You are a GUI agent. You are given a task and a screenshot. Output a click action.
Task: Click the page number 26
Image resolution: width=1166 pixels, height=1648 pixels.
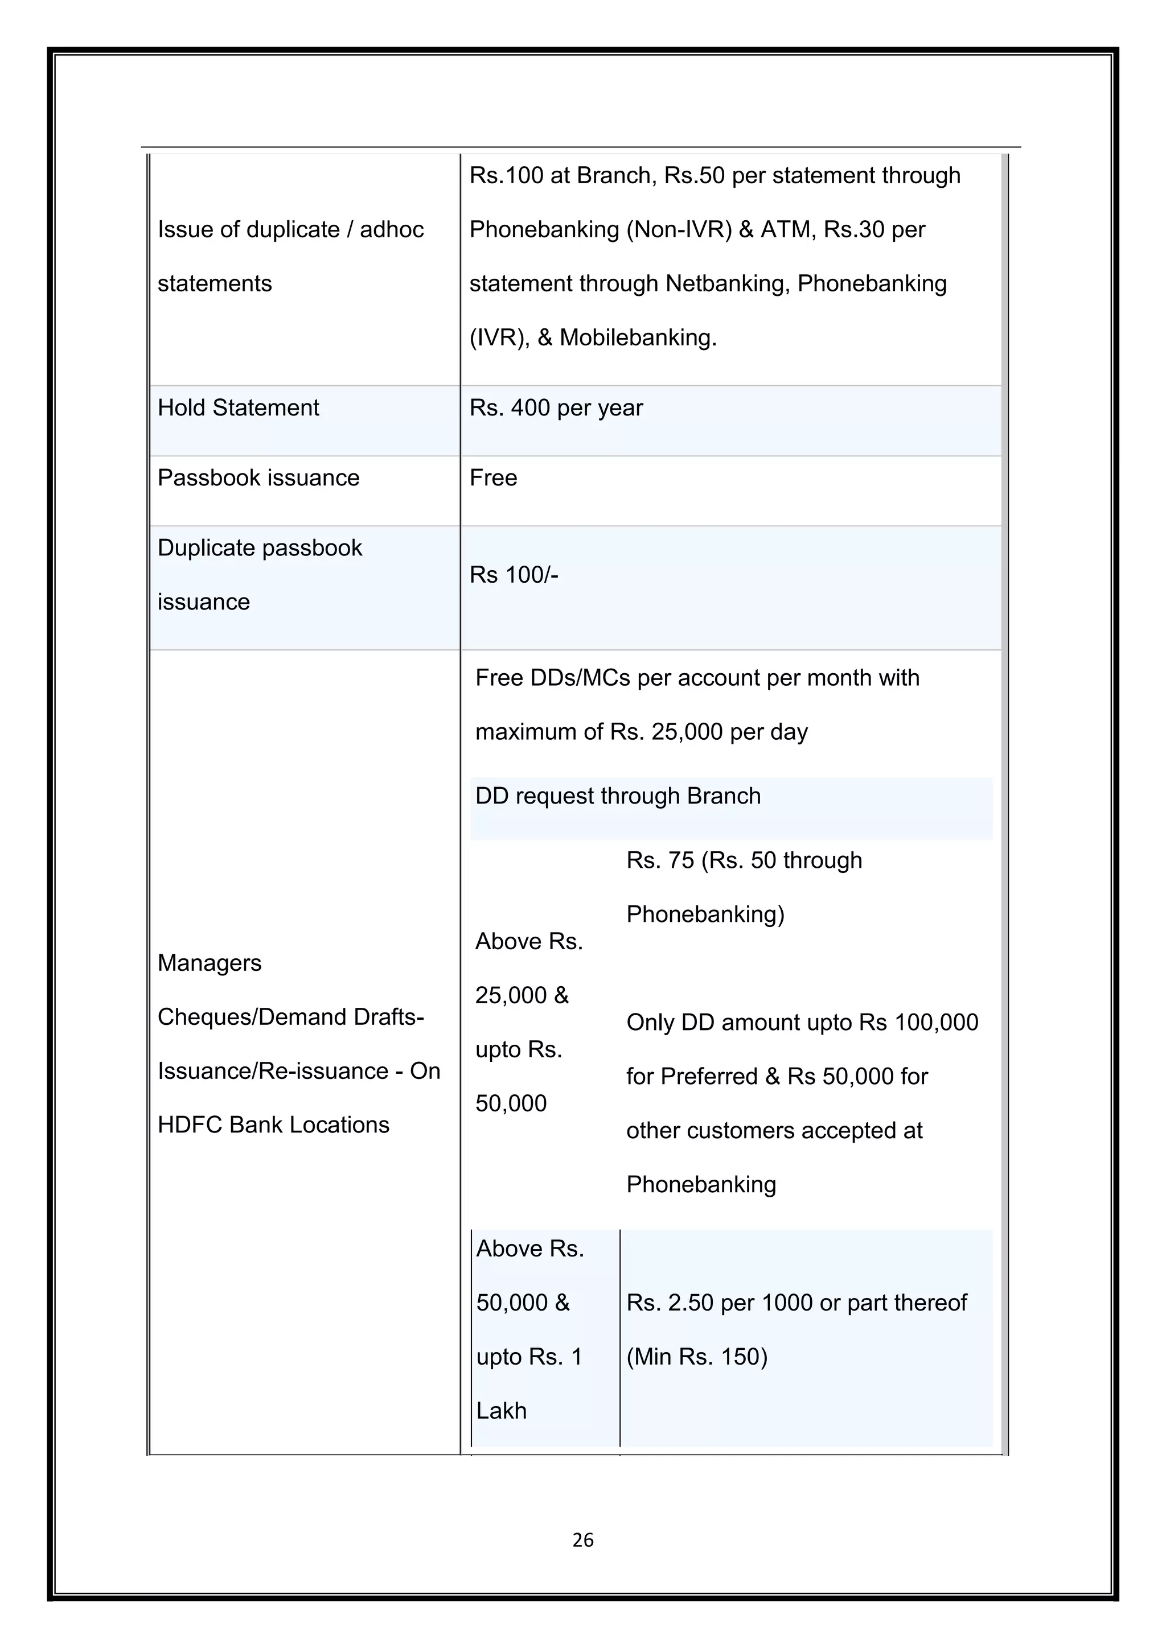coord(582,1540)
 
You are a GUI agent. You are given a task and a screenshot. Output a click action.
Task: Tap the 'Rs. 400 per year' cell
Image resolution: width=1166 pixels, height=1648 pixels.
coord(556,407)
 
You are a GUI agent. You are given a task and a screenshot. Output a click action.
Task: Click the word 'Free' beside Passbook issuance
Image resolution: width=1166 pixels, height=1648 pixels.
coord(492,478)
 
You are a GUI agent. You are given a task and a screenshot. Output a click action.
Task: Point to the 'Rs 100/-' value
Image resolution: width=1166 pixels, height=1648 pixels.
coord(514,575)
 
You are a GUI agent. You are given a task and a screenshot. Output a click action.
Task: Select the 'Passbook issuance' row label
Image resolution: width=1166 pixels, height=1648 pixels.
coord(258,478)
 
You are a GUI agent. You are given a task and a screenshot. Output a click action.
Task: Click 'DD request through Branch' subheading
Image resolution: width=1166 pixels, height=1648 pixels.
coord(618,796)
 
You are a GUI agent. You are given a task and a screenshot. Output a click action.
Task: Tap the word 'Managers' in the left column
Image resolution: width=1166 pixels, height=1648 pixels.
coord(209,962)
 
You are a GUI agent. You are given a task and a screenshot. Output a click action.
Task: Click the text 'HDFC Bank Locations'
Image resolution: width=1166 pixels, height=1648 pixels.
coord(273,1124)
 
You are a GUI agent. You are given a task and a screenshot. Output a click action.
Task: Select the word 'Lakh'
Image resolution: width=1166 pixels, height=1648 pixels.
coord(501,1411)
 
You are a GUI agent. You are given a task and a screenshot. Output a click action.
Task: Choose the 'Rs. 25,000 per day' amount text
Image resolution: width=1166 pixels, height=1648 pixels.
coord(708,732)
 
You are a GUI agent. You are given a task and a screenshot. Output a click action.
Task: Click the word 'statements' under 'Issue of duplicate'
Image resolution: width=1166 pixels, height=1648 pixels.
coord(214,283)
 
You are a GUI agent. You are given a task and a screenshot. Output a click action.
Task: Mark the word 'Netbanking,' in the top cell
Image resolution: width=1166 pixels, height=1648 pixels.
coord(727,283)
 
